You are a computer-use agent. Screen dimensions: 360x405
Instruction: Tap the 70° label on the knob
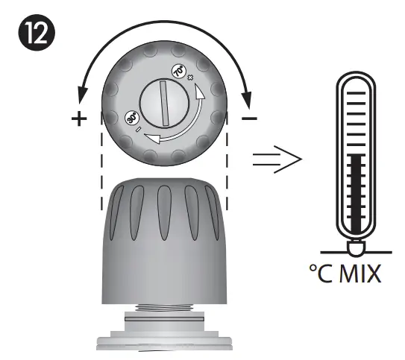click(179, 72)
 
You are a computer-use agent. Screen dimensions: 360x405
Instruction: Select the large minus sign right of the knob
click(251, 119)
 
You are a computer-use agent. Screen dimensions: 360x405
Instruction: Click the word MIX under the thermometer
click(362, 272)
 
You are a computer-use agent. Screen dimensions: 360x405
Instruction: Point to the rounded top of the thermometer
click(357, 78)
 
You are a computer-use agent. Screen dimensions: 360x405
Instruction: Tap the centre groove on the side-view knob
click(165, 212)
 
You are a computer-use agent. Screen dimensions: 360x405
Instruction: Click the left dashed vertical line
click(101, 160)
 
